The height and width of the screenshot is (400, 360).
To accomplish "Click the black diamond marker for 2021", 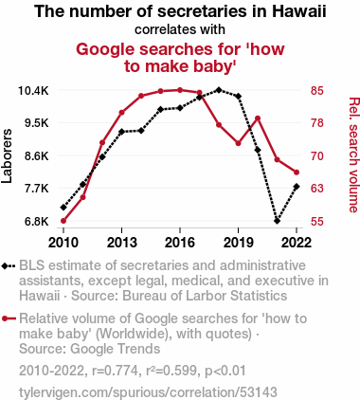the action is (277, 221).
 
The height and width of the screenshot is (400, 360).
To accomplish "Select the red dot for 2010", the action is (63, 221).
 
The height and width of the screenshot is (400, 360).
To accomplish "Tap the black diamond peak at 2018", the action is (219, 90).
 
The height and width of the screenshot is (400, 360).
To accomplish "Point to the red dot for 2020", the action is (258, 118).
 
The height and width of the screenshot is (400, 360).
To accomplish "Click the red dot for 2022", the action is (297, 173).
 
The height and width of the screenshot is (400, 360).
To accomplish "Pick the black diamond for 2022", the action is (297, 187).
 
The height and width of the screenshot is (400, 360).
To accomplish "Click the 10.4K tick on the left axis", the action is (33, 91).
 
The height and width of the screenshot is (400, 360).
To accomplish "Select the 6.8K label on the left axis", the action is (37, 222).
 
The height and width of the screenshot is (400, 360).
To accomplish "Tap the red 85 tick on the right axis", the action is (317, 91).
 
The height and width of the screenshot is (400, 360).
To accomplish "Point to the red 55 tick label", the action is (317, 222).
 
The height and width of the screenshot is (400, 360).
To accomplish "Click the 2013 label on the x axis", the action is (121, 243).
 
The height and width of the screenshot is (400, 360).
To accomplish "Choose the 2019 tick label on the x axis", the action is (238, 243).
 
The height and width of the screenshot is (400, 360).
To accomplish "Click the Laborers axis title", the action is (7, 156).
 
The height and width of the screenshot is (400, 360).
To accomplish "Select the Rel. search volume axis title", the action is (354, 155).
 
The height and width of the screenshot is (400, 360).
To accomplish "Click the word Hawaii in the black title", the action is (299, 11).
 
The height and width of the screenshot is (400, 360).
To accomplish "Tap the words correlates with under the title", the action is (180, 29).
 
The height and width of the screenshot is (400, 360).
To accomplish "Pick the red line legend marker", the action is (9, 318).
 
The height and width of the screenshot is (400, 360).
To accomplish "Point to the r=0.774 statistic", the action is (115, 371).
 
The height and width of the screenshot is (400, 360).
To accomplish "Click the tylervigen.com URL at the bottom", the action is (148, 392).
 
